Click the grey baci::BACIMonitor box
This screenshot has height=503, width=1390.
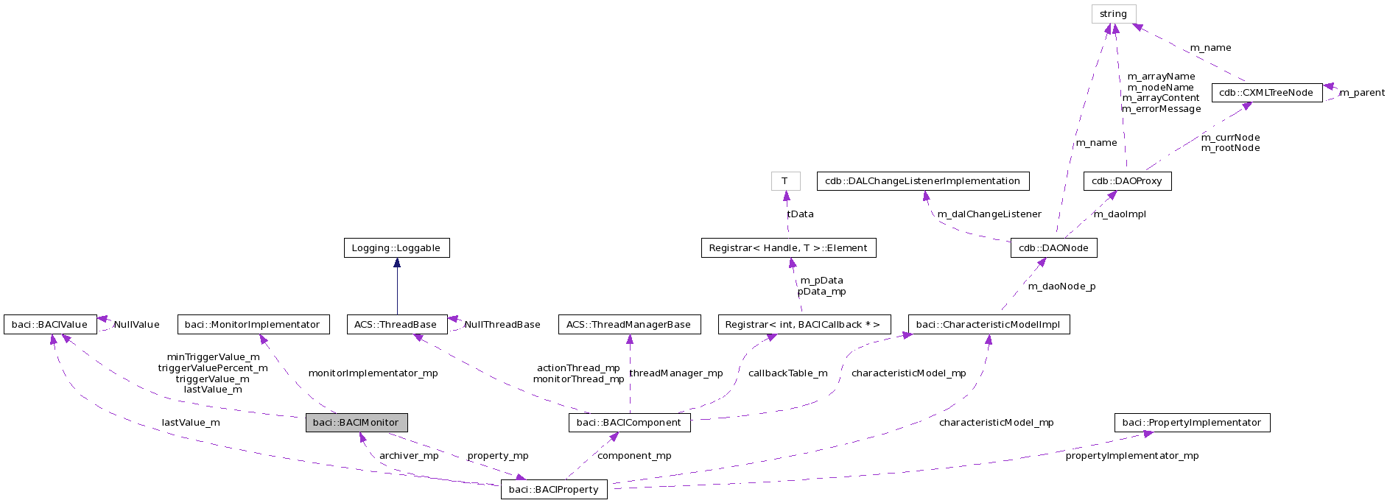point(357,423)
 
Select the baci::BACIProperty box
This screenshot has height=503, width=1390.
point(554,489)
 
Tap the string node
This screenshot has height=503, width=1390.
point(1113,14)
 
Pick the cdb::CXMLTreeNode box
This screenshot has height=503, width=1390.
point(1266,93)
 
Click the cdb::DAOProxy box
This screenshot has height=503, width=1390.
point(1127,181)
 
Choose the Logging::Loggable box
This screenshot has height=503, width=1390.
point(396,248)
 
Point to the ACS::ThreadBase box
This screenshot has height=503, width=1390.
point(396,325)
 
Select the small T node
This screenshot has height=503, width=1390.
point(785,181)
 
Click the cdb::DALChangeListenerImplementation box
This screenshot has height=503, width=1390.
point(922,181)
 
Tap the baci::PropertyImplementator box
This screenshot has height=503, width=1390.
point(1192,423)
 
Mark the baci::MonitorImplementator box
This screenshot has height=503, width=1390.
point(253,325)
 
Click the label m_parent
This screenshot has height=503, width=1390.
point(1361,93)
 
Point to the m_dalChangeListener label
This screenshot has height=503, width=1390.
point(989,214)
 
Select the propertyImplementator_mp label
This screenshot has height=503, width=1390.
point(1131,456)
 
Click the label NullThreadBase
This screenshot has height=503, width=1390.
point(502,325)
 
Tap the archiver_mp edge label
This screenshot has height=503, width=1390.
point(409,456)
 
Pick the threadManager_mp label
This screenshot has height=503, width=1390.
point(676,373)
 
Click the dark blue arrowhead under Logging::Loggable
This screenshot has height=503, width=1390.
point(396,263)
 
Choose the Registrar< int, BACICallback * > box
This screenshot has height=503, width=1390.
point(804,325)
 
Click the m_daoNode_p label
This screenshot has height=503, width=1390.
point(1061,286)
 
